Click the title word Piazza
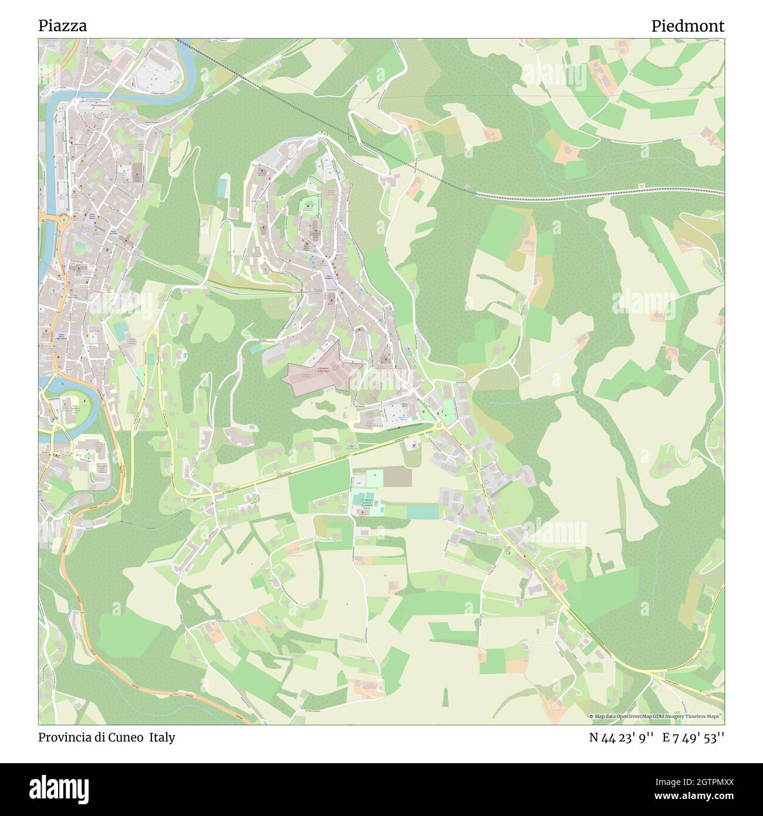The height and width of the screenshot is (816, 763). (x=63, y=26)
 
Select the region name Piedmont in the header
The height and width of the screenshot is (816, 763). (x=687, y=26)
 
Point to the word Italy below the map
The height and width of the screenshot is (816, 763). (x=161, y=737)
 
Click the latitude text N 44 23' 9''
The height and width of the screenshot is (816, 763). (x=621, y=737)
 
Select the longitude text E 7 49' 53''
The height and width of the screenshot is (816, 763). (x=693, y=737)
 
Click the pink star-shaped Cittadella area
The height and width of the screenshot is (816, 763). (x=322, y=373)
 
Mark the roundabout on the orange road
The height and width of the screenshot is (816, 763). (x=63, y=219)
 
